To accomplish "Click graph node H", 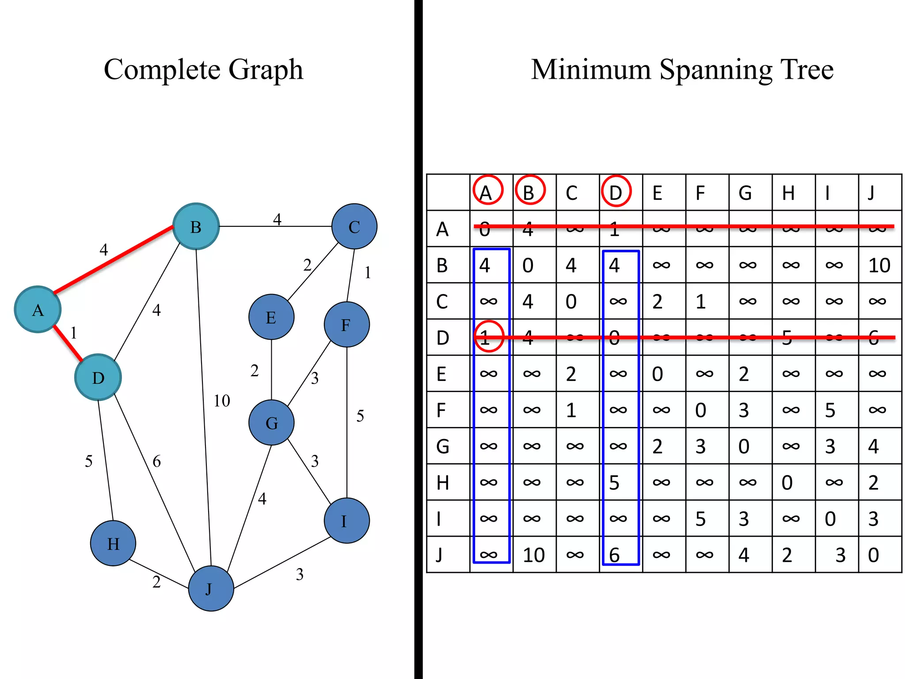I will point(113,543).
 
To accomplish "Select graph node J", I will point(211,588).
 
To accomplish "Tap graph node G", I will point(271,423).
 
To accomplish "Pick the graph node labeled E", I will point(271,317).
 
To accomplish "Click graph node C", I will point(354,226).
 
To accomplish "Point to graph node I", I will point(346,521).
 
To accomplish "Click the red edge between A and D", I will point(68,343).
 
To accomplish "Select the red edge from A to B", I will point(113,259).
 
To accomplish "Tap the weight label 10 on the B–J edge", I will point(222,401).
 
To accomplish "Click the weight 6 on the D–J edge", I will point(157,462).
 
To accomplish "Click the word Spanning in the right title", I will point(716,70).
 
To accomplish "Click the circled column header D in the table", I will point(616,192).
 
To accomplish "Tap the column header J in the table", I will point(871,193).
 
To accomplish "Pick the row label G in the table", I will point(443,446).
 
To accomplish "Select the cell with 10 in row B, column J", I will point(879,265).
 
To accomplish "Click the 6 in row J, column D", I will point(615,555).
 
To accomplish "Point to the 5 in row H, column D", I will point(615,482).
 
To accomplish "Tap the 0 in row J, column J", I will point(874,555).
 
